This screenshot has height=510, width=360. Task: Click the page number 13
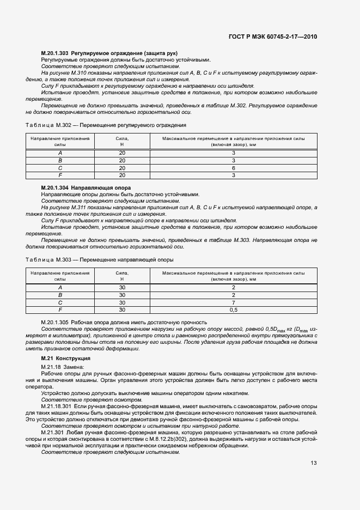pos(314,463)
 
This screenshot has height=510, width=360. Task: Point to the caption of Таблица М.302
pos(106,125)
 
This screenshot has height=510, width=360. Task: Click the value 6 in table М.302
pos(233,168)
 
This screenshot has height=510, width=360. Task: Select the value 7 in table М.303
pos(233,302)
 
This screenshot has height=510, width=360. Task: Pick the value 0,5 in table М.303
pos(233,309)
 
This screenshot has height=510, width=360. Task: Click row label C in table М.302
pos(60,168)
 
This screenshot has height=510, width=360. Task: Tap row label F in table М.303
pos(60,309)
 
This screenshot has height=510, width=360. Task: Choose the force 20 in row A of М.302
pos(121,154)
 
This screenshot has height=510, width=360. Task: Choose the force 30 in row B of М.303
pos(121,295)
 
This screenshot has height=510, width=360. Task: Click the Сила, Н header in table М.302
pos(121,142)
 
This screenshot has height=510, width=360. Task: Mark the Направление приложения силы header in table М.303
pos(60,277)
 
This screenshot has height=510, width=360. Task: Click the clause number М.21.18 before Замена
pos(52,368)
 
